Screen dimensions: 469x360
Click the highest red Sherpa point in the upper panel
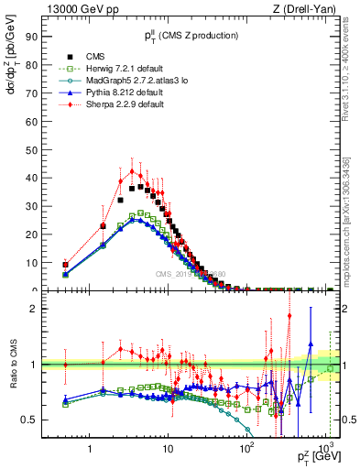coord(132,171)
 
